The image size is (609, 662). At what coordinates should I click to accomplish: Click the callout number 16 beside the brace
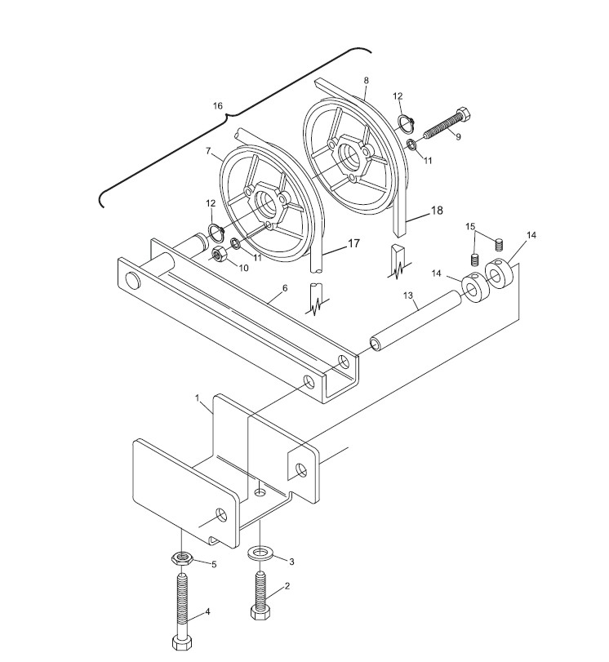[217, 106]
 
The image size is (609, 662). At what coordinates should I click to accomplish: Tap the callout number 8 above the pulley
[366, 80]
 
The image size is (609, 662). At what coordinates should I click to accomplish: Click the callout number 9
[458, 137]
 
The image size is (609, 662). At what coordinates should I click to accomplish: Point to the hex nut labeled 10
[219, 255]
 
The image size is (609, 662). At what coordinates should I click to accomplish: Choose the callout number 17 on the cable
[353, 242]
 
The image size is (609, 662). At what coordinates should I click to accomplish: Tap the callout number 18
[437, 211]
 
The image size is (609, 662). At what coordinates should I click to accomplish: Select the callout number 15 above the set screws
[470, 226]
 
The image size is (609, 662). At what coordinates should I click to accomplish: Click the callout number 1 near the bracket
[198, 398]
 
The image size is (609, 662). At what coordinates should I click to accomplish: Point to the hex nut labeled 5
[180, 560]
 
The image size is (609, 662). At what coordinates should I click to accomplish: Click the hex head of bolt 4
[180, 642]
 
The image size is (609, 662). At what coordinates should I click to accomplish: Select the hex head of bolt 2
[260, 613]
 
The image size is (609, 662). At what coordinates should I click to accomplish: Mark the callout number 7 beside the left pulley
[209, 152]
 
